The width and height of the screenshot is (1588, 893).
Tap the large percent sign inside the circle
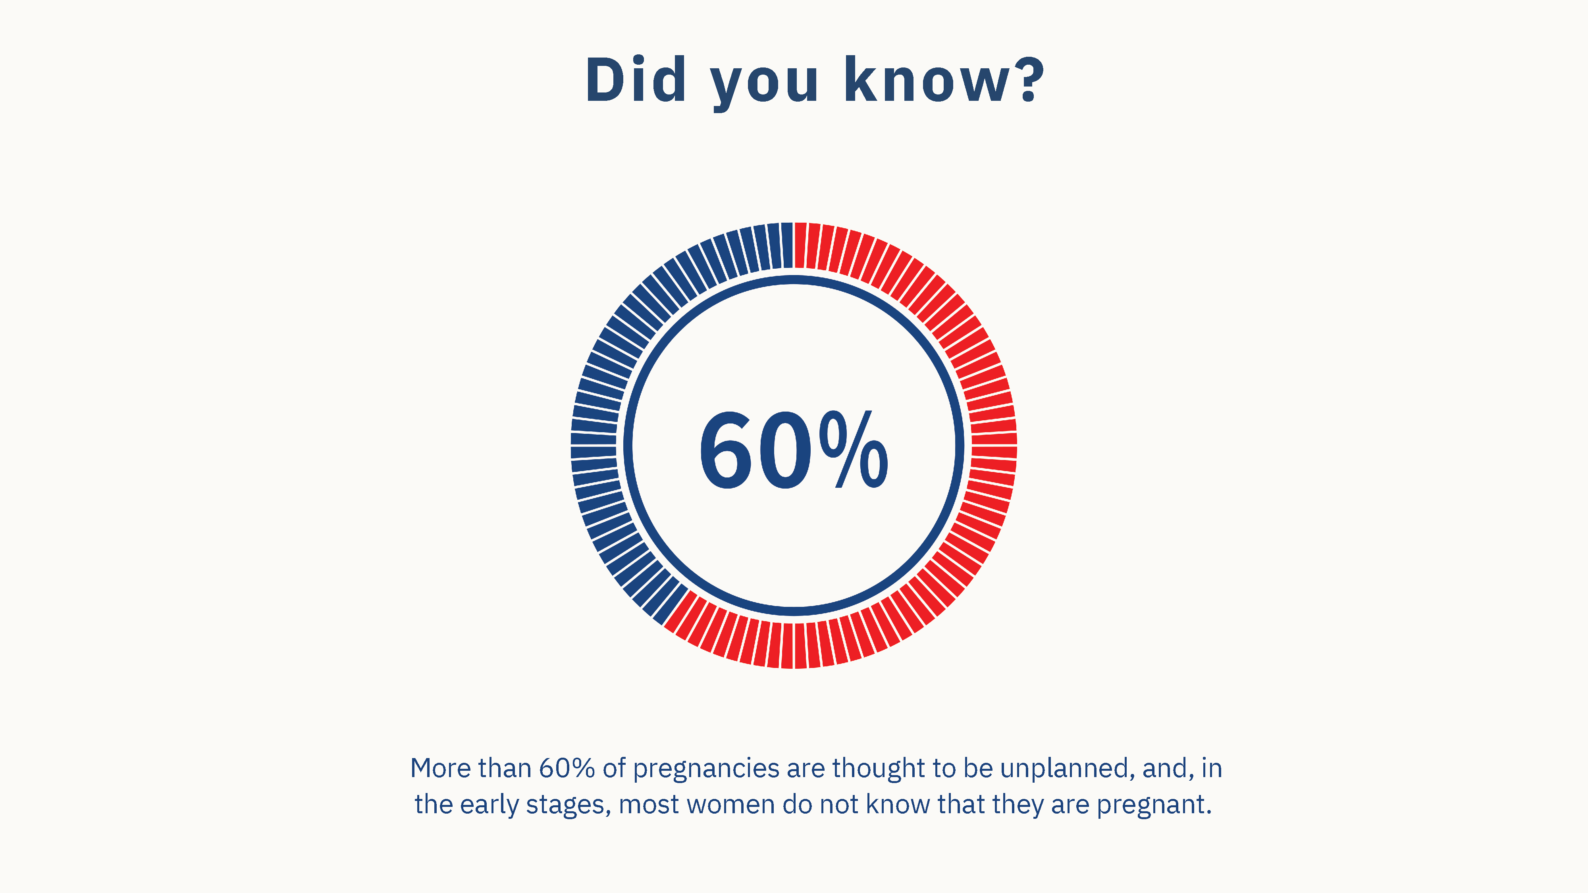coord(854,450)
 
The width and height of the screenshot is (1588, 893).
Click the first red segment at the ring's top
coord(800,245)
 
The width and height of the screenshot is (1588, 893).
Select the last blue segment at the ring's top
coord(787,245)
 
